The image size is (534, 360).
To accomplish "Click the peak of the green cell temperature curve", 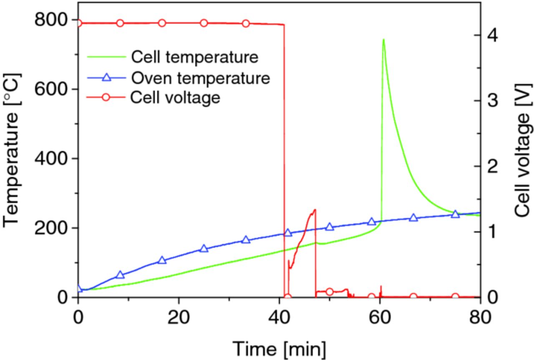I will pos(383,40).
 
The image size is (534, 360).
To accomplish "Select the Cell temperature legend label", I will pos(194,57).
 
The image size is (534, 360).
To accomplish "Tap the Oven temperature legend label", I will pos(200,78).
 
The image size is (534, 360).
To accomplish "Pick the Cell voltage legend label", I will pos(175,98).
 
